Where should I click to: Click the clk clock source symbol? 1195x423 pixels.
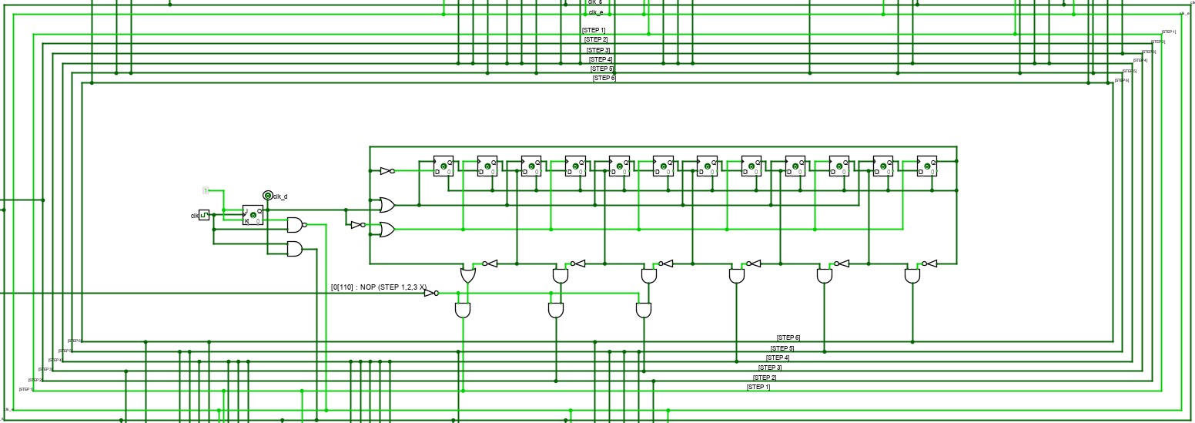(204, 215)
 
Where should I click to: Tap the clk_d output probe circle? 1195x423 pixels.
(267, 196)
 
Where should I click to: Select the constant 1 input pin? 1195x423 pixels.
(206, 190)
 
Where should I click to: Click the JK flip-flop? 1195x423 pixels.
(253, 215)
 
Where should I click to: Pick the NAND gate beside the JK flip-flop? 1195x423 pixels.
(295, 225)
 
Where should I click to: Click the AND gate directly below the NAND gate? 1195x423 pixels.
(294, 249)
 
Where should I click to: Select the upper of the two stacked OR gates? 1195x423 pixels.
(387, 205)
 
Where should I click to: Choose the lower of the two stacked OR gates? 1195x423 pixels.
(387, 230)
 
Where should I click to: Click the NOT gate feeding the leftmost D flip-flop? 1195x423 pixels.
(387, 171)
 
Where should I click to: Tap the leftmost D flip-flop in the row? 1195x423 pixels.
(443, 166)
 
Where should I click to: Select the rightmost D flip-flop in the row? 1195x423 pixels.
(927, 166)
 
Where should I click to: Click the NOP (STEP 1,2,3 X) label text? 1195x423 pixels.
(378, 287)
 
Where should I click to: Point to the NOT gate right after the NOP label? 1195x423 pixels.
(430, 293)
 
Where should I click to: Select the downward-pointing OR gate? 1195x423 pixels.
(467, 274)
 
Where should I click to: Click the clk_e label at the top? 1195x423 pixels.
(596, 12)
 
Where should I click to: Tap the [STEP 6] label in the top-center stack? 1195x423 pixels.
(604, 78)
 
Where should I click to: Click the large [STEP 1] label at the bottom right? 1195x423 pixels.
(758, 387)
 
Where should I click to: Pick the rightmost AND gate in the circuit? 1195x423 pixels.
(912, 275)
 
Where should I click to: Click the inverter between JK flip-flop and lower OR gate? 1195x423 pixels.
(356, 225)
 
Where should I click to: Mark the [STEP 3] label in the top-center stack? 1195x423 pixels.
(598, 50)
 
